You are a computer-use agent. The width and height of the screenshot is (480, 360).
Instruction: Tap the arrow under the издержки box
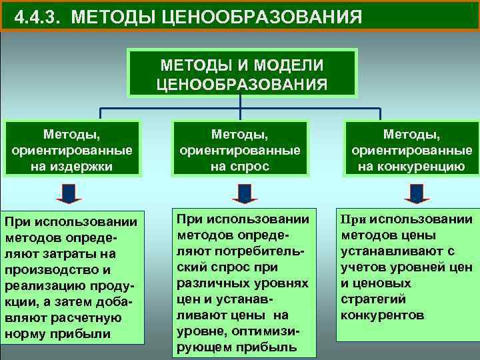point(69,193)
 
